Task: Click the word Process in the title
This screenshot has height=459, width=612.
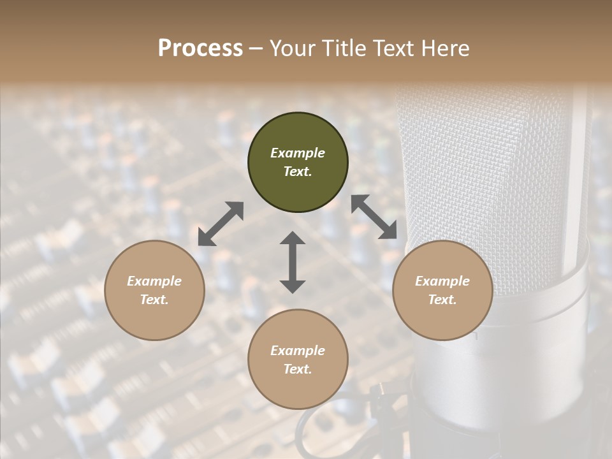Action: point(200,48)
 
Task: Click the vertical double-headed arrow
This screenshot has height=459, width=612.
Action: point(293,262)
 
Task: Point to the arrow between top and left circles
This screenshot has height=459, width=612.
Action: point(221,223)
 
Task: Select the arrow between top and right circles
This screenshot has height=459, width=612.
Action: point(374,217)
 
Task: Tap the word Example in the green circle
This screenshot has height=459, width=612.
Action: point(298,153)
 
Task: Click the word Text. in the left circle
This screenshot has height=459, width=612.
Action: point(154,300)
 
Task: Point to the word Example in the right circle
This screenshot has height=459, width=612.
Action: point(442,281)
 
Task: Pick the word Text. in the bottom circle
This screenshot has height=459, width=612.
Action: point(298,369)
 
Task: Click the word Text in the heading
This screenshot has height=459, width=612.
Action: point(394,48)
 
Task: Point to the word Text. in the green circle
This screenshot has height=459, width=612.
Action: point(298,171)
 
